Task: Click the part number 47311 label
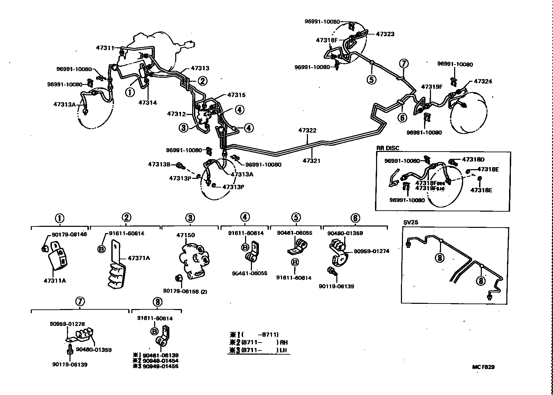[105, 48]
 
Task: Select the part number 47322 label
[307, 131]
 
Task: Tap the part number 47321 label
[312, 161]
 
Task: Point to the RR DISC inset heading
[388, 148]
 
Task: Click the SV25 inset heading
[410, 222]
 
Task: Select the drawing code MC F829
[483, 367]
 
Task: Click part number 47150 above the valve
[186, 235]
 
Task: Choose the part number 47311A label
[55, 280]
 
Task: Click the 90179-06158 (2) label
[185, 291]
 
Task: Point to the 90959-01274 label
[372, 251]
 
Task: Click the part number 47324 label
[483, 81]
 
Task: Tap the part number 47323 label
[385, 34]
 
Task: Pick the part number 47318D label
[473, 160]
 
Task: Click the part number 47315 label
[236, 95]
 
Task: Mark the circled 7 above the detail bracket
[80, 301]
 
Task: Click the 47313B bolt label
[159, 164]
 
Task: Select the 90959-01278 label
[67, 324]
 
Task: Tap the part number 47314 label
[148, 102]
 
